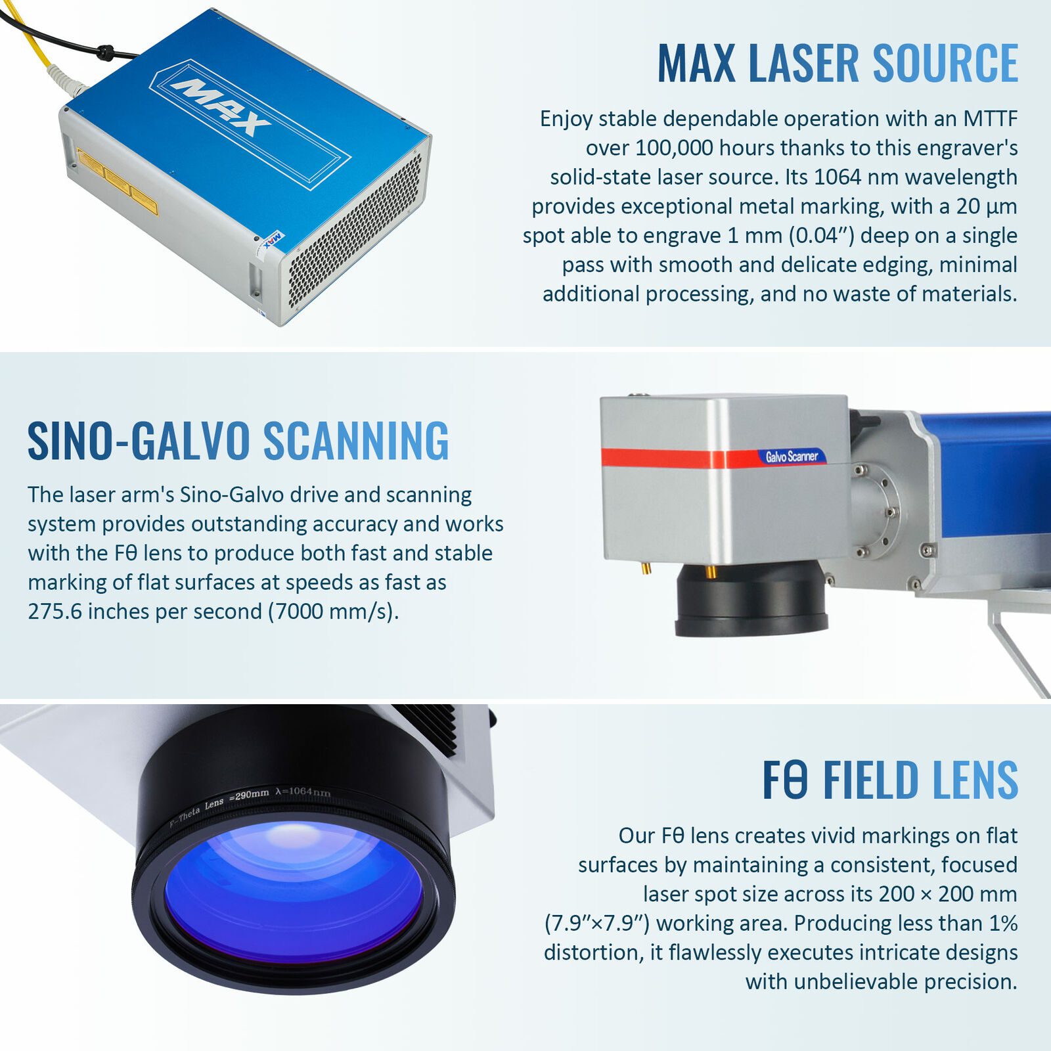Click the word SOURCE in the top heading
click(945, 64)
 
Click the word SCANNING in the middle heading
click(356, 441)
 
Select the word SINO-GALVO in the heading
click(139, 441)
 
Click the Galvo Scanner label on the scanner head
click(792, 456)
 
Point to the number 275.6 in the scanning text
click(55, 612)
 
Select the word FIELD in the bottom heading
click(870, 780)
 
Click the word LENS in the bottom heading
click(974, 780)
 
